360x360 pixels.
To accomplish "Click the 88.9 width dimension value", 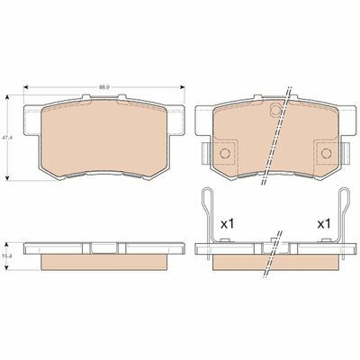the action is coord(103,87).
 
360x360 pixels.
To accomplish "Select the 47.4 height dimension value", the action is coord(5,138).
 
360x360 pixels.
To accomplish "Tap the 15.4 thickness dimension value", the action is coord(5,256).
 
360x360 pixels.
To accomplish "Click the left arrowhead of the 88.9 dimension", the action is coord(26,87).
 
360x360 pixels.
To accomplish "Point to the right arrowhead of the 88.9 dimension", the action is coord(182,87).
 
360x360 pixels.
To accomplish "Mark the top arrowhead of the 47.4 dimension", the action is coord(8,97).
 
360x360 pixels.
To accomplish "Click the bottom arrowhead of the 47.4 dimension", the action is coord(8,177).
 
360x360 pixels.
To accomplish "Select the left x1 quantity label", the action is coord(227,224).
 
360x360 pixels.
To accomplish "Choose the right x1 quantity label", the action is coord(324,224).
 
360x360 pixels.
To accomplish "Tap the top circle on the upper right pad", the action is coord(275,110).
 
